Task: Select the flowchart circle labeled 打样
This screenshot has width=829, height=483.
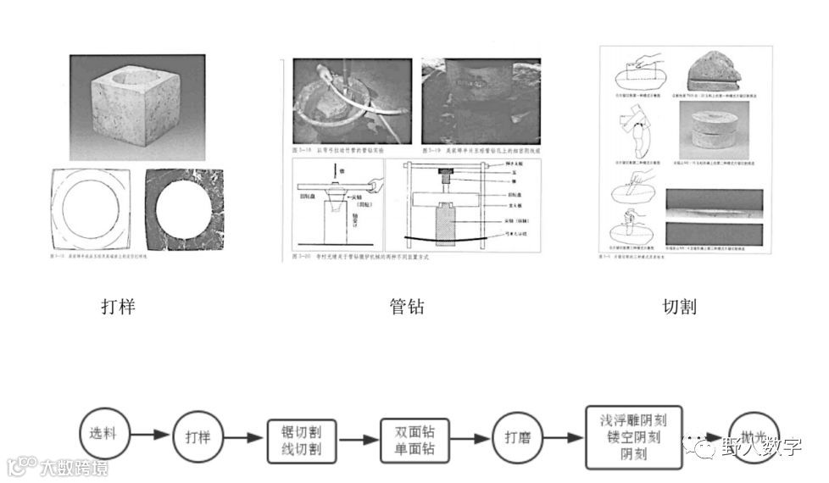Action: point(197,438)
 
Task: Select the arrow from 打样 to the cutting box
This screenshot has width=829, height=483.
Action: point(245,438)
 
